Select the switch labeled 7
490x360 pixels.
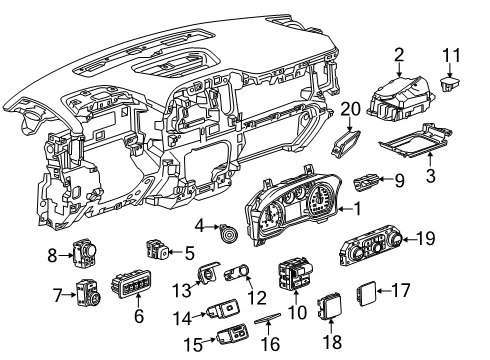pyautogui.click(x=87, y=296)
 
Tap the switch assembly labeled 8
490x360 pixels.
pyautogui.click(x=90, y=256)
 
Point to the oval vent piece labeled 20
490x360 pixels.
pyautogui.click(x=346, y=144)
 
